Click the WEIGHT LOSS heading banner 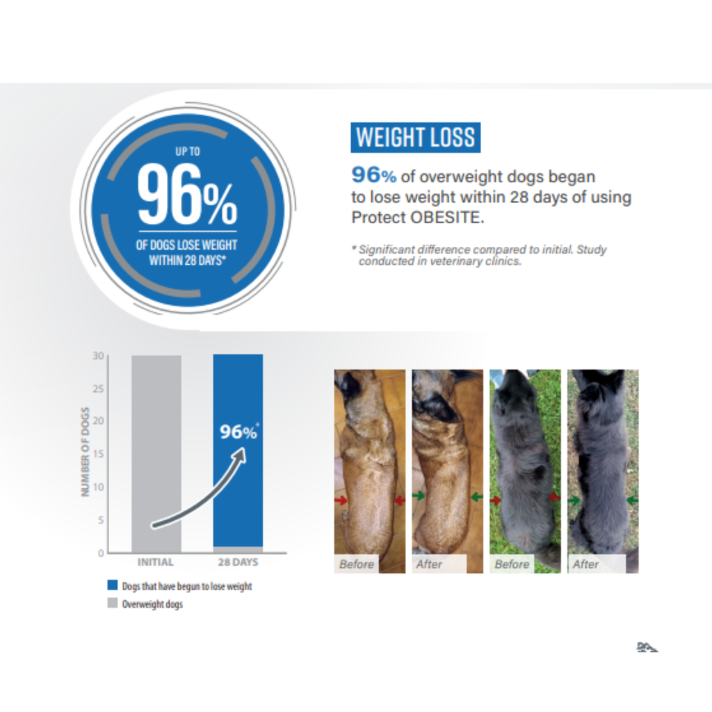(x=415, y=138)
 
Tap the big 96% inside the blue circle (x=186, y=195)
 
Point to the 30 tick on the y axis (x=99, y=356)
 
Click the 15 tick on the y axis (x=99, y=454)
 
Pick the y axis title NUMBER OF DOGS (x=86, y=452)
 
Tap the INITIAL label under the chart (x=156, y=562)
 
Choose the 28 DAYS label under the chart (x=238, y=562)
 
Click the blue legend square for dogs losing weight (x=113, y=585)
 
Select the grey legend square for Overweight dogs (x=113, y=604)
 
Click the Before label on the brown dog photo (x=356, y=564)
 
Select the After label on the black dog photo (x=585, y=564)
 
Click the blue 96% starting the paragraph (x=373, y=175)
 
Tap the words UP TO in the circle (x=187, y=150)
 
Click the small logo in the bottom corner (x=647, y=647)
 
